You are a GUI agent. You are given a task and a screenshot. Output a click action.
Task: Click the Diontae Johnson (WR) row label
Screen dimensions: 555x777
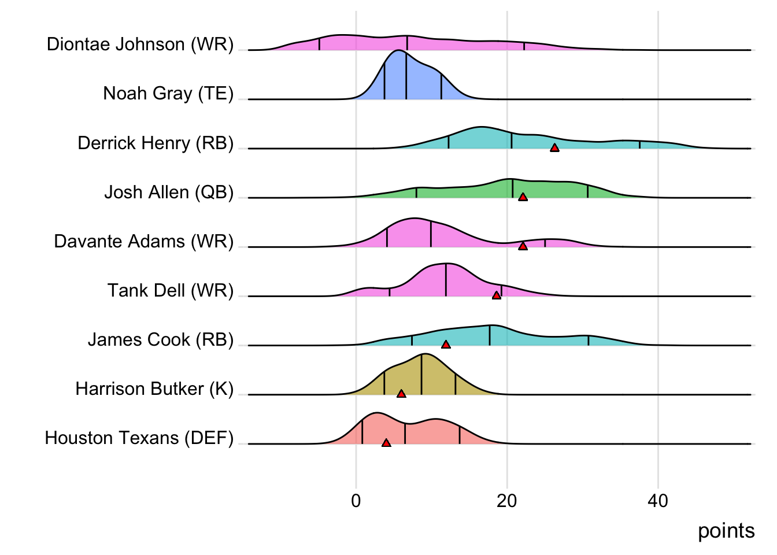click(x=140, y=45)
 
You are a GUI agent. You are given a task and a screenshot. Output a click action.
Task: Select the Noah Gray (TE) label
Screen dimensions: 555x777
click(x=168, y=94)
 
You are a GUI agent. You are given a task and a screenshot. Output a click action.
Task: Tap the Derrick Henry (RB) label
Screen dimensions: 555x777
click(x=156, y=143)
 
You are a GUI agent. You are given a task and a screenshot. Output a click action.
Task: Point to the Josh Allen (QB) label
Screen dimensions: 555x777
click(x=169, y=192)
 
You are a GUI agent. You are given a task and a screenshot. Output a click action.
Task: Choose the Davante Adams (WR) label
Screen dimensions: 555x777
click(x=143, y=241)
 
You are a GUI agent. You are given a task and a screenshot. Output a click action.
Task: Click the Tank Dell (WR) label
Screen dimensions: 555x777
click(x=171, y=290)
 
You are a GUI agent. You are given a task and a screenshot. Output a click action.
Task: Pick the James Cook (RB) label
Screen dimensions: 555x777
click(x=161, y=339)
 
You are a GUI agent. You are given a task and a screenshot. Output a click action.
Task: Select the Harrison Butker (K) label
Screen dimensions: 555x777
click(x=154, y=388)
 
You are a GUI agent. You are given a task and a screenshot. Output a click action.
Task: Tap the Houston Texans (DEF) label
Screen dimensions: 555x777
click(x=139, y=438)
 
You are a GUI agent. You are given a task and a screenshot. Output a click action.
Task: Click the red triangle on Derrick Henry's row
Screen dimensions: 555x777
click(x=554, y=148)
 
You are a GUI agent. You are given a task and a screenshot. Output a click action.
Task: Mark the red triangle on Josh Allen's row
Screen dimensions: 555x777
click(x=523, y=197)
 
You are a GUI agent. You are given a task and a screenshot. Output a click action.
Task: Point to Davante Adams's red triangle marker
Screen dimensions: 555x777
click(x=523, y=246)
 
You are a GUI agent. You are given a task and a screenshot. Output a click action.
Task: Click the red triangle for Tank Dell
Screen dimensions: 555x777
click(x=496, y=295)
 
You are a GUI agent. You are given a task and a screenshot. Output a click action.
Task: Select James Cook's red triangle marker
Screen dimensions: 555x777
click(x=446, y=345)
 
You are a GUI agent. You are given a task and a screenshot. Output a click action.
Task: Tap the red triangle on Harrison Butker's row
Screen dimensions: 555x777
click(x=401, y=394)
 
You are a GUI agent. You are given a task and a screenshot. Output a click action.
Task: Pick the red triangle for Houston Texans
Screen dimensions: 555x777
click(x=386, y=443)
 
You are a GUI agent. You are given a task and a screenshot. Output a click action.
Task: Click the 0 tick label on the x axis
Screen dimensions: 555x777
click(x=356, y=501)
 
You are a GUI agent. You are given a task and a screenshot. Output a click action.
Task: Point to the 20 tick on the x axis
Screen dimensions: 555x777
click(x=507, y=501)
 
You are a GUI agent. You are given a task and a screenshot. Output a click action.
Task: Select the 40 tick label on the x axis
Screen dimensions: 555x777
click(x=658, y=501)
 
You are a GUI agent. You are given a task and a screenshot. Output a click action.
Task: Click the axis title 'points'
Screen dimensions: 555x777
click(x=726, y=531)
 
